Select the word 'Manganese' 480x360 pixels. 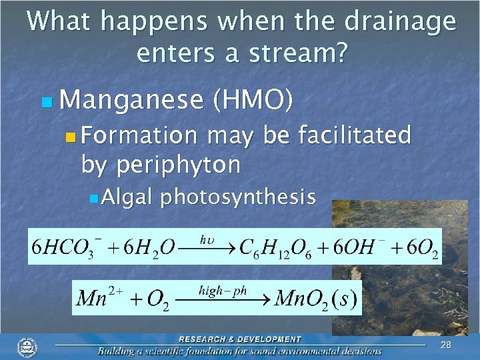click(x=131, y=101)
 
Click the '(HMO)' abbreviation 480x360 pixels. click(x=251, y=101)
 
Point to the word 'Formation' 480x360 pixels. click(x=140, y=137)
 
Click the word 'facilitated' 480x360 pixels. click(x=354, y=136)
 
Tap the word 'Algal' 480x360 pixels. click(x=129, y=197)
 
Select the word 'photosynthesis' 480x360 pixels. click(x=237, y=197)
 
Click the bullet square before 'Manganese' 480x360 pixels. click(x=46, y=103)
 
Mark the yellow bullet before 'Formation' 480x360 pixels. click(x=71, y=138)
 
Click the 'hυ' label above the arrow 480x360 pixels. click(x=207, y=238)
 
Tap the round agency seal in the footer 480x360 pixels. click(x=27, y=347)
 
